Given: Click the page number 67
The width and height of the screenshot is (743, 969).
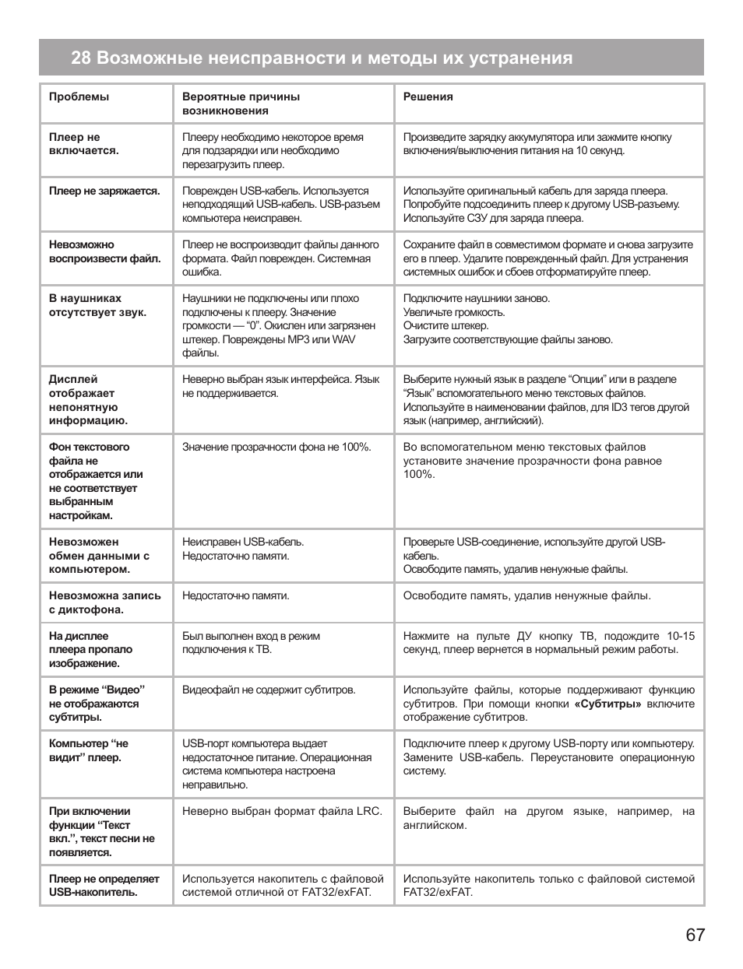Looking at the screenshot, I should [x=695, y=935].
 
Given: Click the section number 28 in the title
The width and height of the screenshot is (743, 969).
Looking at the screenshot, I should [x=80, y=58].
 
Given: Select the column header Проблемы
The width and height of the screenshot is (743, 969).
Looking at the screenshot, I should [x=79, y=97].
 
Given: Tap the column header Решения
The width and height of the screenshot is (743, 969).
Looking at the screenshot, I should [x=428, y=97].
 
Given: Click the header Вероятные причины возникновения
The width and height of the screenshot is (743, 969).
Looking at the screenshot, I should [x=241, y=104].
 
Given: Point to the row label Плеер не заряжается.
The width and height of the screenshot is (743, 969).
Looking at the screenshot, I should [x=104, y=191].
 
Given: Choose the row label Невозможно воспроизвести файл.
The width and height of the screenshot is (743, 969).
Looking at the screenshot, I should [x=104, y=251].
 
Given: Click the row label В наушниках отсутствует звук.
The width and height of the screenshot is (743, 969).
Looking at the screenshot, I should [x=97, y=305].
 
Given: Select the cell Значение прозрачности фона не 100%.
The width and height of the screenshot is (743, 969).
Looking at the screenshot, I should [x=276, y=447].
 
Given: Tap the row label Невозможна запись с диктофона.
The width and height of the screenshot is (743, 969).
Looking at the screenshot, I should [x=104, y=602].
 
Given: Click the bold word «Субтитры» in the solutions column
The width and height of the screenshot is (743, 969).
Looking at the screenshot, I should [x=607, y=704].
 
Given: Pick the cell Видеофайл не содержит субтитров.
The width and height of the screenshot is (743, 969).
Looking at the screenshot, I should [x=269, y=690].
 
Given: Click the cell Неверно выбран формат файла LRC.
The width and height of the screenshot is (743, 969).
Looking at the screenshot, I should [x=282, y=811].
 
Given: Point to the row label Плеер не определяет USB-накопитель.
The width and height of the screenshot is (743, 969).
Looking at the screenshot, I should [x=104, y=886].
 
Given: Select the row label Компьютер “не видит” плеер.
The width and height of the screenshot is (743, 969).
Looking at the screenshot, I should [x=88, y=750].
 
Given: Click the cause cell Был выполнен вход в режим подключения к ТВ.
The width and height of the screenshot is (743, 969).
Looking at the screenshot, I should [x=251, y=643].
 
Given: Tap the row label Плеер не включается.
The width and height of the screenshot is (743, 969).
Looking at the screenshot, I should [x=83, y=144].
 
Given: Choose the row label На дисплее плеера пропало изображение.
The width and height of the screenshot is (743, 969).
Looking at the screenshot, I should [x=90, y=650].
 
